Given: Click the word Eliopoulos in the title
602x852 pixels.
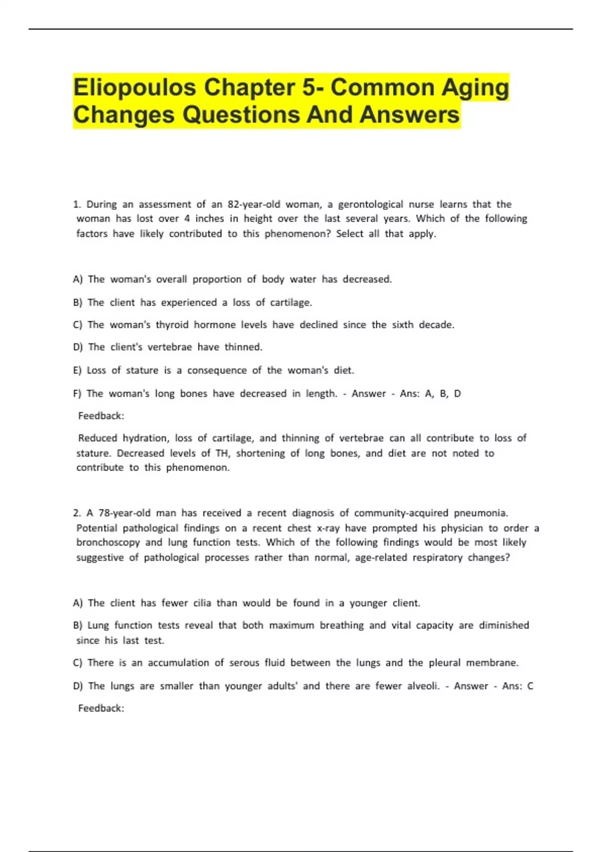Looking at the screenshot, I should (x=135, y=88).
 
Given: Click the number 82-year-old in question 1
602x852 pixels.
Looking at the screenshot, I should (x=254, y=204).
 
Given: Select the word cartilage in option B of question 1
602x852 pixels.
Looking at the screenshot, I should (x=291, y=303).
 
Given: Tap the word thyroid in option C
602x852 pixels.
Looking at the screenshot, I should (x=172, y=325).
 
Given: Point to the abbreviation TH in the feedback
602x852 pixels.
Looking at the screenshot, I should (x=221, y=453).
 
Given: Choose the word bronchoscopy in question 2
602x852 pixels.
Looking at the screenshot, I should (x=108, y=542).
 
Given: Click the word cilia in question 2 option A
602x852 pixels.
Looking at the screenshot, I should (x=202, y=603).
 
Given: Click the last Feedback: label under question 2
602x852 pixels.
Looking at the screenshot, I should (x=101, y=708).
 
